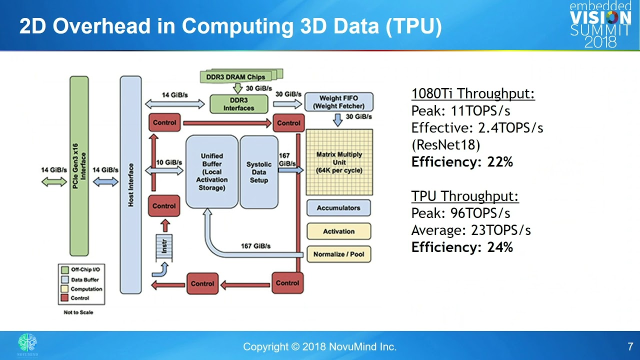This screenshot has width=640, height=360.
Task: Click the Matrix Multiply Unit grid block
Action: click(x=339, y=162)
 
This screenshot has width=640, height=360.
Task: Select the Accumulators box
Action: click(x=338, y=208)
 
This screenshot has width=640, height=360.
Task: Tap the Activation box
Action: click(x=338, y=231)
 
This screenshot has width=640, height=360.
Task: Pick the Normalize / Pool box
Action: click(x=338, y=254)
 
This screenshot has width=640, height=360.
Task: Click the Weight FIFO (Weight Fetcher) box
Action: click(x=338, y=102)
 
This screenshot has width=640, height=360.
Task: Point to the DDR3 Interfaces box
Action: click(x=238, y=104)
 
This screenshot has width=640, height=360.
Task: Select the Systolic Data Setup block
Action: click(x=259, y=172)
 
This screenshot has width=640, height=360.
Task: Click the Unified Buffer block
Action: click(x=212, y=172)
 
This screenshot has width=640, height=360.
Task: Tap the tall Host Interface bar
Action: click(x=131, y=185)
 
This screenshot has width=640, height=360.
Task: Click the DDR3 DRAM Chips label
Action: click(x=235, y=77)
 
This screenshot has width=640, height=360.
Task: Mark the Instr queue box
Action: click(x=164, y=246)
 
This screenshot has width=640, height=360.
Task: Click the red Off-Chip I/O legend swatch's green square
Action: click(x=64, y=270)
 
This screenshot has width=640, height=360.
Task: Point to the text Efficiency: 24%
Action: click(x=462, y=247)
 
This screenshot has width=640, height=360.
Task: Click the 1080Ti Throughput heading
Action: click(x=473, y=94)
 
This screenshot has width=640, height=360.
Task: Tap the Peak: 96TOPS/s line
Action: click(x=460, y=213)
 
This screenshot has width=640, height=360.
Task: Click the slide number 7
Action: click(x=630, y=346)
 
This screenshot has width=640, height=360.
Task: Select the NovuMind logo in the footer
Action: click(x=27, y=344)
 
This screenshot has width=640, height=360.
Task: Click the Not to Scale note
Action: click(x=78, y=312)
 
